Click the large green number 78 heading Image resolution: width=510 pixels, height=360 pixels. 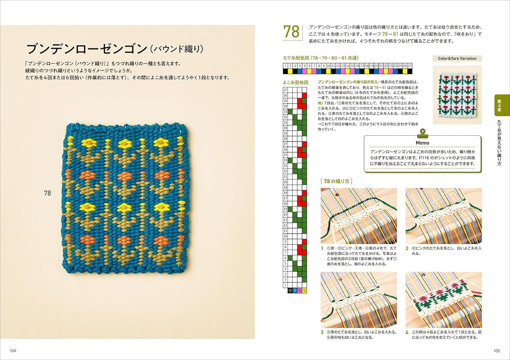pos(292,32)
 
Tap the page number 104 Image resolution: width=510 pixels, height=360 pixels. pos(13,351)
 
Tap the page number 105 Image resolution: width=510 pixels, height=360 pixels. pos(497,351)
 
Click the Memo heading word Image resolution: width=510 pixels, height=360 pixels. pos(422,143)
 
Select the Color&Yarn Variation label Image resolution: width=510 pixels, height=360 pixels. pos(457,59)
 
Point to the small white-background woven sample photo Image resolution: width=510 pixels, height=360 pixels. pos(457,94)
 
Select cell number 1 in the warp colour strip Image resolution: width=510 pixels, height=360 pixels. pos(286,66)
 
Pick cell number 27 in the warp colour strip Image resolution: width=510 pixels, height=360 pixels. pos(410,66)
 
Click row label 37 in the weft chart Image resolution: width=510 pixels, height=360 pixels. pos(285,90)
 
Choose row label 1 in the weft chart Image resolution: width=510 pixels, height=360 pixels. pos(285,285)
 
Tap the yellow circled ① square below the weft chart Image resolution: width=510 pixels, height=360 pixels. pos(305,290)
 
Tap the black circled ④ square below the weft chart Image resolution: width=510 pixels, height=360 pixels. pos(290,290)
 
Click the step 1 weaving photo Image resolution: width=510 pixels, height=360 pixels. pos(359,216)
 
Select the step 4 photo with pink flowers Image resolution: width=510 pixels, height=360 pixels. pos(444,300)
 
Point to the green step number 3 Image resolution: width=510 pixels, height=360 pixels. pos(322,332)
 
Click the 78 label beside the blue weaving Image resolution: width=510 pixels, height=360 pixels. pos(47,193)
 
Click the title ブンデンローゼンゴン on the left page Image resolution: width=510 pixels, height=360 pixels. pos(86,48)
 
